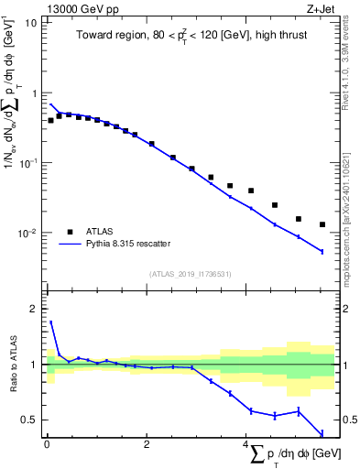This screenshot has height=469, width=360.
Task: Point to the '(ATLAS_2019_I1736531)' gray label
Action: pos(190,273)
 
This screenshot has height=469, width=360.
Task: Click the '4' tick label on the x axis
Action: pos(245,444)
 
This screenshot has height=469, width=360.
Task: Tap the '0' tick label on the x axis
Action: pos(47,444)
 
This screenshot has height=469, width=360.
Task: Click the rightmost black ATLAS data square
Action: pos(322,224)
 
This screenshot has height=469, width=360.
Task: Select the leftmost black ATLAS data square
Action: pos(50,120)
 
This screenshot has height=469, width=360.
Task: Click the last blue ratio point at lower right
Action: pos(322,434)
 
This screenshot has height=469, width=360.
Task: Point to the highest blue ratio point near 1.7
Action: pos(50,322)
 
